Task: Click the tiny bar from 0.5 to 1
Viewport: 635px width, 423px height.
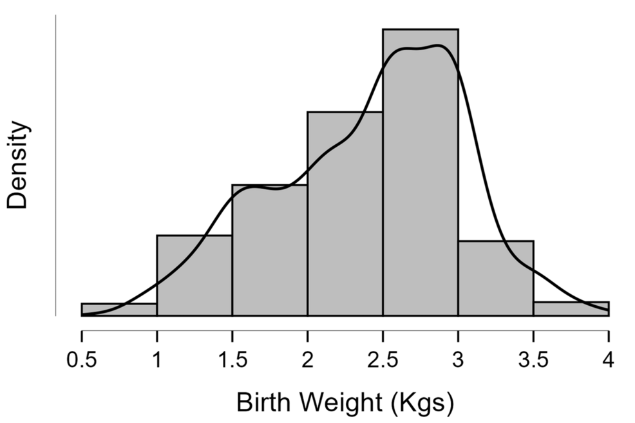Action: point(118,310)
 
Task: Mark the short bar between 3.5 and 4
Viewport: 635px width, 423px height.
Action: point(571,309)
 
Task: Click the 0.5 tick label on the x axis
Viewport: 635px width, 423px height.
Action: point(82,359)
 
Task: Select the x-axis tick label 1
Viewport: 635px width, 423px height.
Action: point(156,359)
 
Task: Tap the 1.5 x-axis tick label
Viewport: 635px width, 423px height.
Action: point(232,359)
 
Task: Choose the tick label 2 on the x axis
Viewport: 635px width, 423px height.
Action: point(307,359)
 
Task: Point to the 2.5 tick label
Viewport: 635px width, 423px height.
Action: point(383,359)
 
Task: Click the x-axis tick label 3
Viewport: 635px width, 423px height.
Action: point(458,359)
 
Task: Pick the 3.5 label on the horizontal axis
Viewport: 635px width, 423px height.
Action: point(533,359)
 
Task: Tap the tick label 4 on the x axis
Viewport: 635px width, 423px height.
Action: point(609,359)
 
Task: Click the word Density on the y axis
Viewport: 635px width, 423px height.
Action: point(18,165)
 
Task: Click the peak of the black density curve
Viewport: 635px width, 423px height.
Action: point(437,46)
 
